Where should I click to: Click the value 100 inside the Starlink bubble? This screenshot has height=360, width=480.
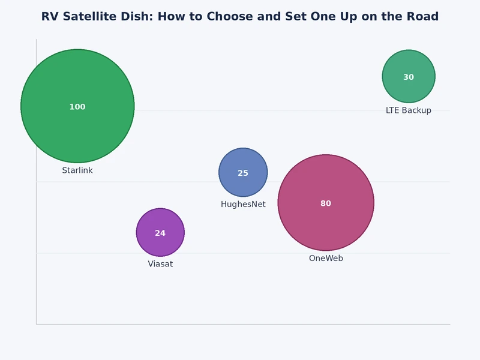coord(77,107)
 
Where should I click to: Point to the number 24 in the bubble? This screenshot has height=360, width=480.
coord(160,233)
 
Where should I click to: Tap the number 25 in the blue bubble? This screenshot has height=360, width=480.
coord(243,173)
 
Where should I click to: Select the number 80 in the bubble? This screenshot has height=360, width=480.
coord(326,204)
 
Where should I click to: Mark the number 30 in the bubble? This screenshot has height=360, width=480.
coord(409,77)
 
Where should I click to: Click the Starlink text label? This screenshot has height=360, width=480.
coord(77,170)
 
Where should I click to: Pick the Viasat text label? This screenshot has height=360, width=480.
coord(160,264)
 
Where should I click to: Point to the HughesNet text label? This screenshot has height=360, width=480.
coord(243,205)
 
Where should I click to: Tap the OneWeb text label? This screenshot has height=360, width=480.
coord(326,259)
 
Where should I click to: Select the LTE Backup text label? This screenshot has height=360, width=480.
coord(409,110)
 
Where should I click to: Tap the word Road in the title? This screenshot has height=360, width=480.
coord(422,17)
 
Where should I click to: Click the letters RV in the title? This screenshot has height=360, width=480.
coord(49,17)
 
